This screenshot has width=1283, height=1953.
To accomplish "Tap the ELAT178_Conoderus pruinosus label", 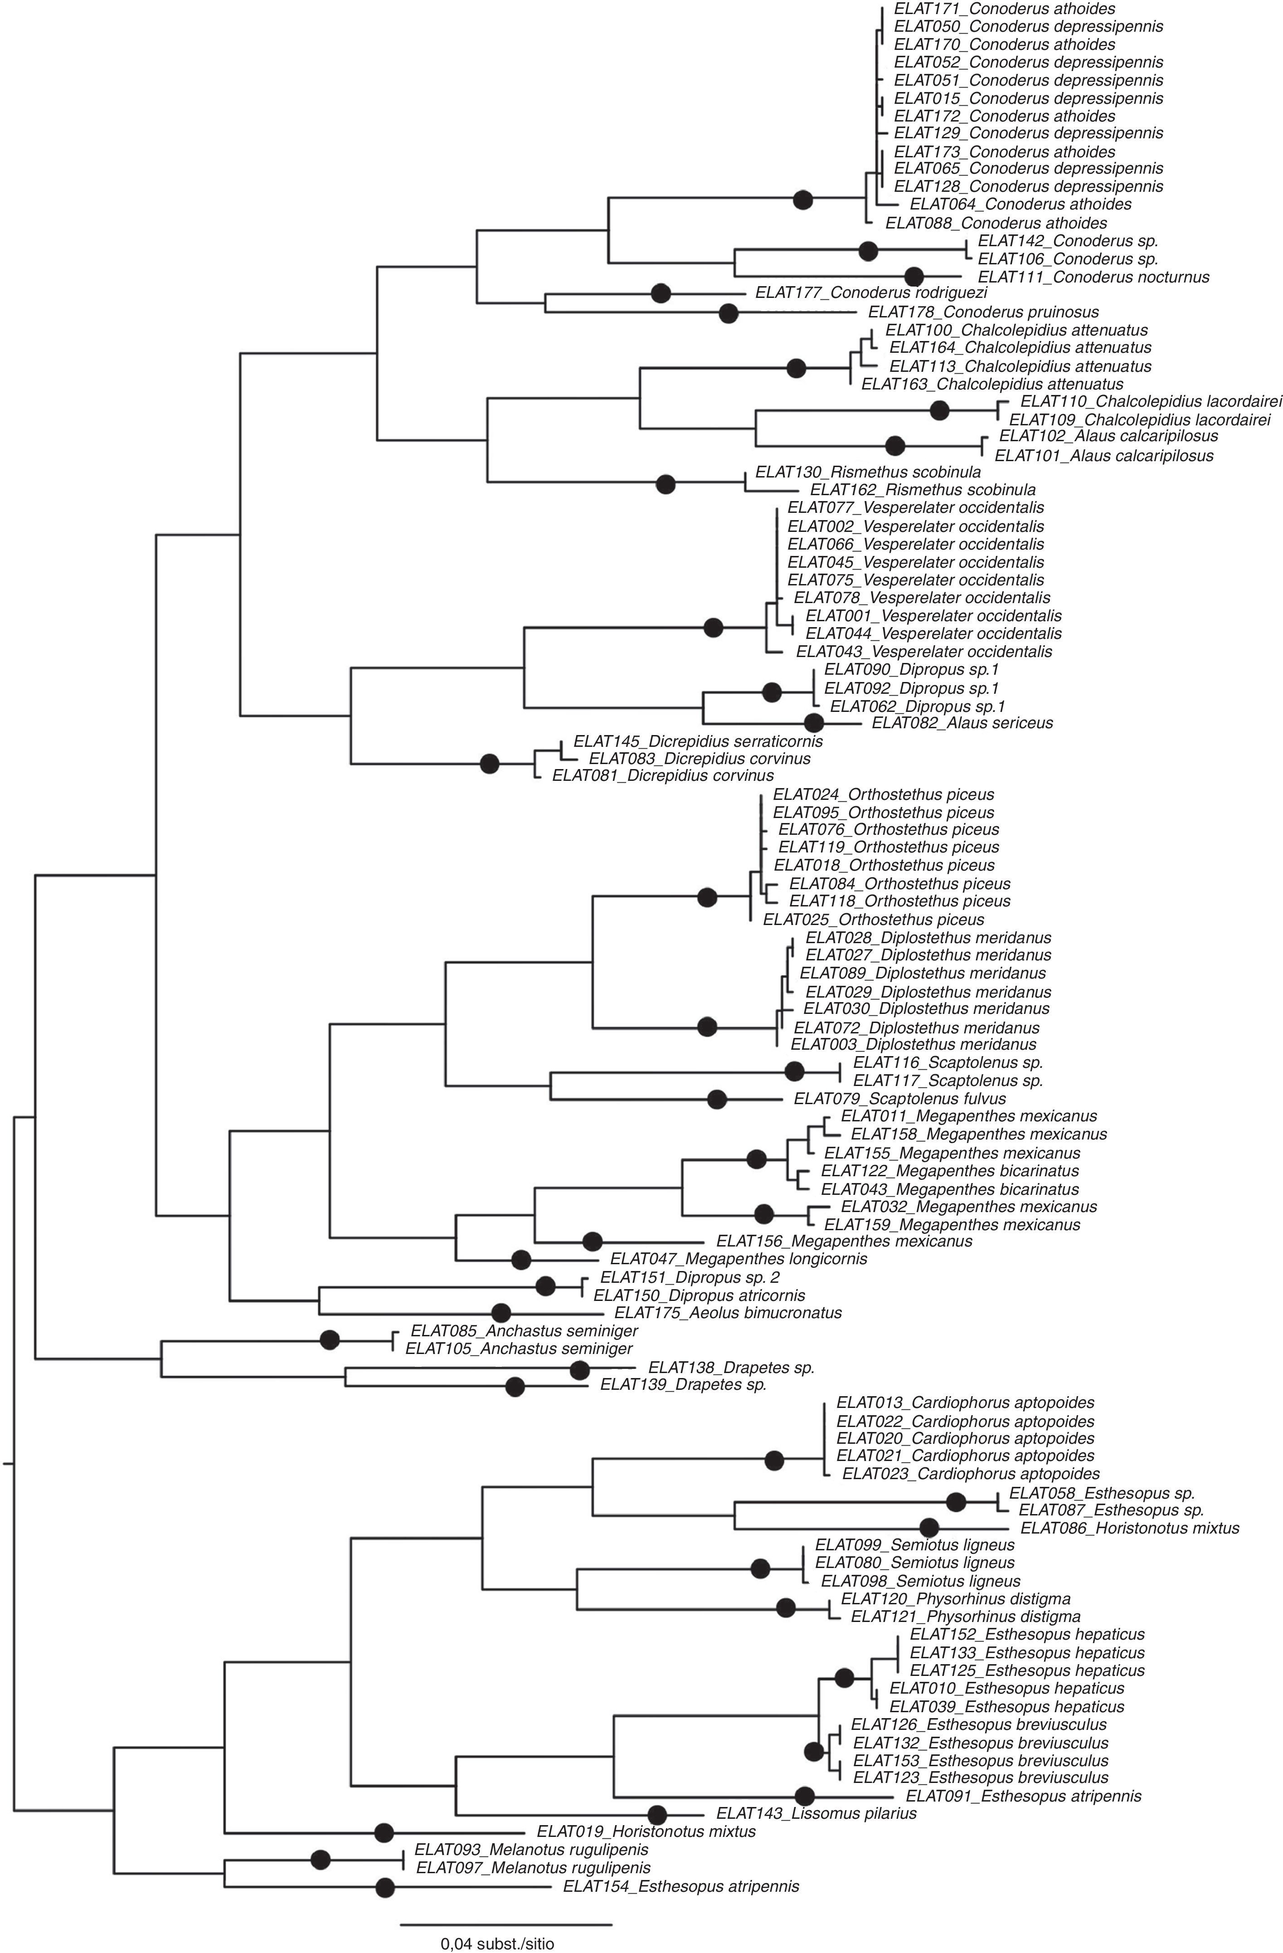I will [983, 312].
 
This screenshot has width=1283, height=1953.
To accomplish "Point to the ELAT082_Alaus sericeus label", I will [962, 723].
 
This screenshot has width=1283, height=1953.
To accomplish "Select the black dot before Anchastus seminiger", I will [329, 1340].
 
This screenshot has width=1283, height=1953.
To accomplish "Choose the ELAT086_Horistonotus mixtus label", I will [1129, 1528].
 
